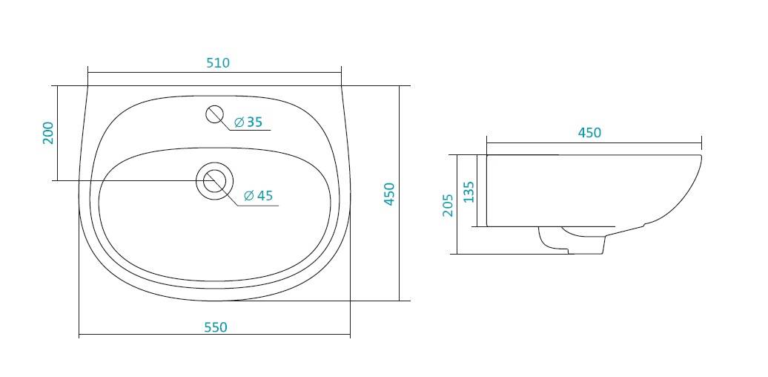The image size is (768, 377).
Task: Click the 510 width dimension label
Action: pos(218,63)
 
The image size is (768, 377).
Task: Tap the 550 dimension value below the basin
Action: pos(216,327)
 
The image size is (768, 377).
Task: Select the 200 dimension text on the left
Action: pos(48,133)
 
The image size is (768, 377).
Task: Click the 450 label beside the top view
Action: pos(389,194)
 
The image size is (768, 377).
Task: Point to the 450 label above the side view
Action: pos(589,133)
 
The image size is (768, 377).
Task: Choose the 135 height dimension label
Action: pos(469,191)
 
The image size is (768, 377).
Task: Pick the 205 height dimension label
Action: pos(448,205)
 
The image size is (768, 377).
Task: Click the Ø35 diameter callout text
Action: pos(248,122)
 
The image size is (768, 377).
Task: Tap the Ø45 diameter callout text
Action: pos(258,196)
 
